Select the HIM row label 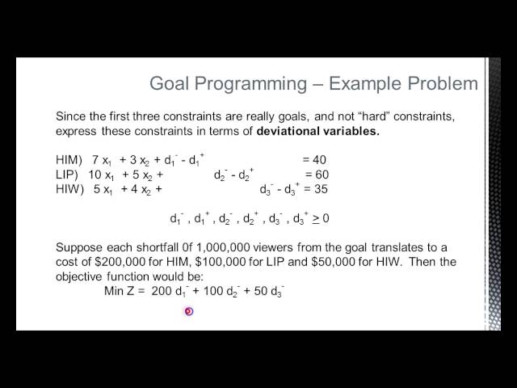pos(69,159)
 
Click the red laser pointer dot pos(188,311)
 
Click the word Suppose pos(80,247)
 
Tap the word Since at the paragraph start pos(70,116)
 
